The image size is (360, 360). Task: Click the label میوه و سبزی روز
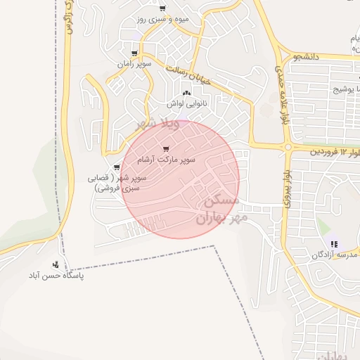pos(162,18)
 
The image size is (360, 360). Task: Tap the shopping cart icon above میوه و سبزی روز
pos(162,8)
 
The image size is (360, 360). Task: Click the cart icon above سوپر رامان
pos(134,53)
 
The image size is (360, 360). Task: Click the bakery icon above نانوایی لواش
pos(186,94)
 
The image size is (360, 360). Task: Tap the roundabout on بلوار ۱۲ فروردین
pos(288,148)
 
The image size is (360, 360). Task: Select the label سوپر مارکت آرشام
pos(167,160)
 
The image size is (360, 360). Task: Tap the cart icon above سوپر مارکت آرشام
pos(166,149)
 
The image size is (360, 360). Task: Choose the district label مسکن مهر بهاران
pos(219,210)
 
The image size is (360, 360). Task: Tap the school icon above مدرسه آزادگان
pos(333,244)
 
